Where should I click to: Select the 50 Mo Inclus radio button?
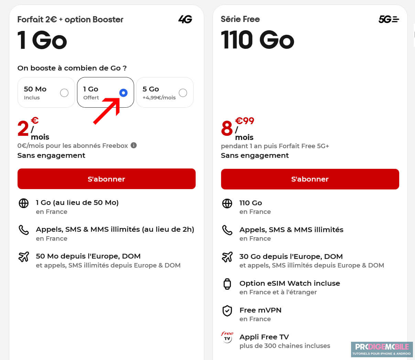point(64,93)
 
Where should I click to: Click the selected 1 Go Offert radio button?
point(123,93)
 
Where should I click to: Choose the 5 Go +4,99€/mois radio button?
point(183,93)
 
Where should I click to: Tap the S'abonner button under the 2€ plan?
point(106,179)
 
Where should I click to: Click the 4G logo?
point(185,19)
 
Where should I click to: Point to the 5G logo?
point(389,19)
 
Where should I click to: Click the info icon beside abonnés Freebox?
point(134,145)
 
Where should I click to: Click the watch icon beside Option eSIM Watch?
point(227,284)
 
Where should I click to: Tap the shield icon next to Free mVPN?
point(227,311)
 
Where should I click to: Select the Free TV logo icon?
point(227,337)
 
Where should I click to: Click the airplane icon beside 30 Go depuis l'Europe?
point(227,257)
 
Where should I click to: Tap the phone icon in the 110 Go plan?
point(227,230)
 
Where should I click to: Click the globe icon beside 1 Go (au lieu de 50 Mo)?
point(23,203)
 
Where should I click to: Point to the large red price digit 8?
point(227,129)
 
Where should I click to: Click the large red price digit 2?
point(23,129)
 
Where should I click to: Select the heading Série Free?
point(240,19)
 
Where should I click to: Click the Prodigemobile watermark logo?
point(382,349)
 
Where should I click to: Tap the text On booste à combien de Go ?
point(72,68)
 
